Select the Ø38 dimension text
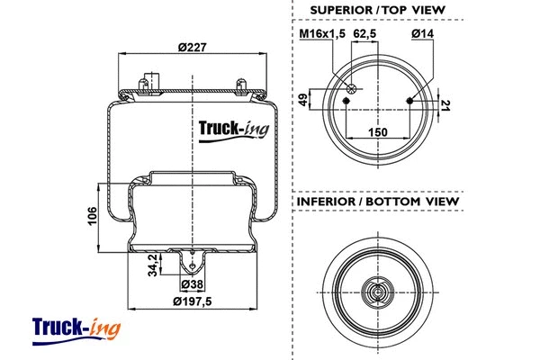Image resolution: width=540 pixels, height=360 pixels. tap(192, 285)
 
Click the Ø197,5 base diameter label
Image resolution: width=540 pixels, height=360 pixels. tap(191, 301)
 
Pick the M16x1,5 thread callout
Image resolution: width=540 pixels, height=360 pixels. tap(321, 34)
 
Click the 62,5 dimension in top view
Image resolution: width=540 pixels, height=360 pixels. tap(365, 34)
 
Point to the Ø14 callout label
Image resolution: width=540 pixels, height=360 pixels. tap(422, 34)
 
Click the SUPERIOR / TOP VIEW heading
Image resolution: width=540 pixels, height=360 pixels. tap(377, 10)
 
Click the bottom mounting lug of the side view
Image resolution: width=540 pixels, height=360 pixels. tap(191, 263)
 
